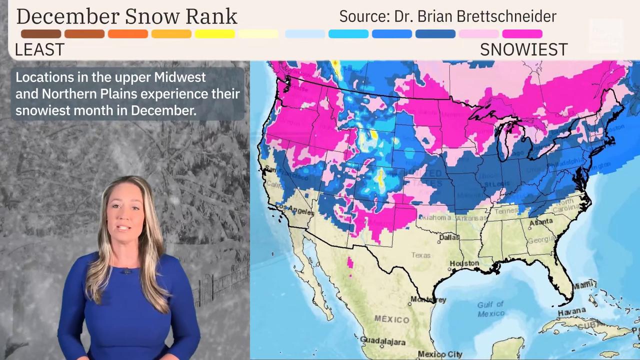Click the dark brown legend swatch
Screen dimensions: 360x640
coord(41,34)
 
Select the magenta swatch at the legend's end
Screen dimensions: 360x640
coord(522,34)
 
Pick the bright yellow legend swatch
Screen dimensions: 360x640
coord(215,34)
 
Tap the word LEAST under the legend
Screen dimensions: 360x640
coord(39,49)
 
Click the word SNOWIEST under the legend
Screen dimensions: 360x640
coord(523,49)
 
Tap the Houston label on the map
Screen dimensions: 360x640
coord(464,263)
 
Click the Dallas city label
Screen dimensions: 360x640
coord(449,238)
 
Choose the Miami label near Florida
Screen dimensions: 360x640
coord(583,285)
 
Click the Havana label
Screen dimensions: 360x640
coord(571,311)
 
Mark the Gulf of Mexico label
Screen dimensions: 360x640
coord(490,308)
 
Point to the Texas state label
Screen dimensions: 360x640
coord(420,255)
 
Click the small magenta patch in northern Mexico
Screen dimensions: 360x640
coord(350,263)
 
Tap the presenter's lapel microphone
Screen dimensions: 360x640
coord(126,271)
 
